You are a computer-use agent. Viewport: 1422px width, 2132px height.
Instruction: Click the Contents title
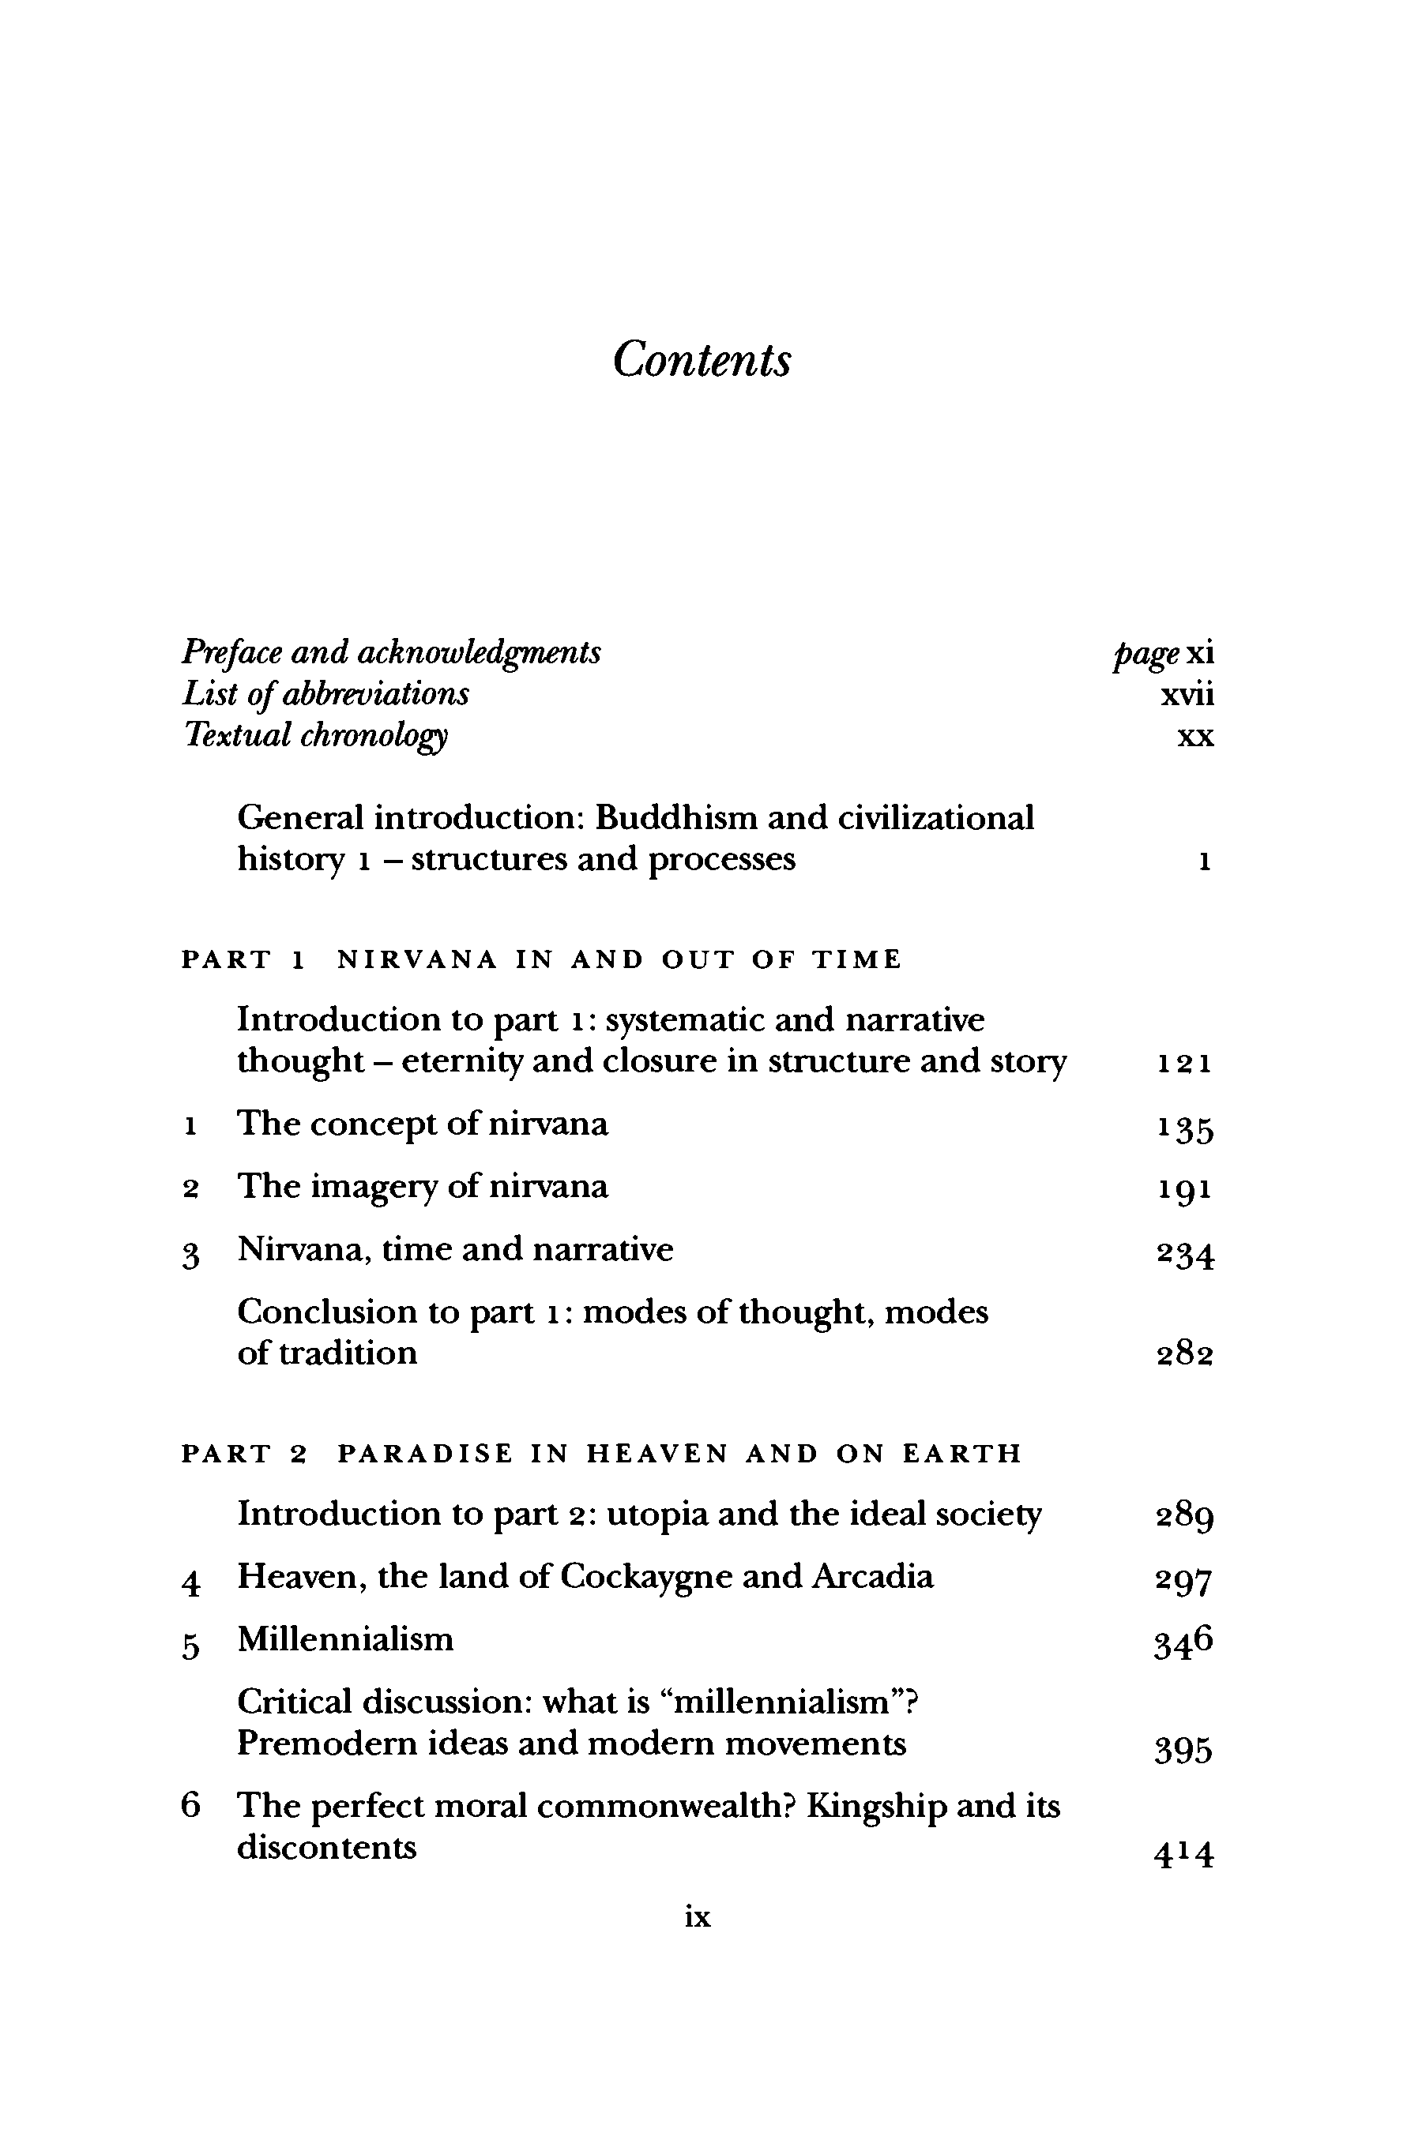pyautogui.click(x=701, y=360)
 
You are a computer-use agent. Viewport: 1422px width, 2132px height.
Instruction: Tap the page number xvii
pyautogui.click(x=1187, y=695)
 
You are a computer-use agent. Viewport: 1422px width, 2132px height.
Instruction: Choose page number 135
pyautogui.click(x=1184, y=1128)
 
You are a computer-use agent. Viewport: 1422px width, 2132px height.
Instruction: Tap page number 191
pyautogui.click(x=1184, y=1189)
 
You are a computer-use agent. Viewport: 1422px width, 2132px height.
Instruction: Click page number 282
pyautogui.click(x=1184, y=1355)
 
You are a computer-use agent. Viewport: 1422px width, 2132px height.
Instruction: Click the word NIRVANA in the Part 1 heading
pyautogui.click(x=417, y=959)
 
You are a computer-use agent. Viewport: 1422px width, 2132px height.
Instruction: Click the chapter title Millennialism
pyautogui.click(x=345, y=1639)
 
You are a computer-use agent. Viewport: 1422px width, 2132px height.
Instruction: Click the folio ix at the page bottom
pyautogui.click(x=698, y=1917)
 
